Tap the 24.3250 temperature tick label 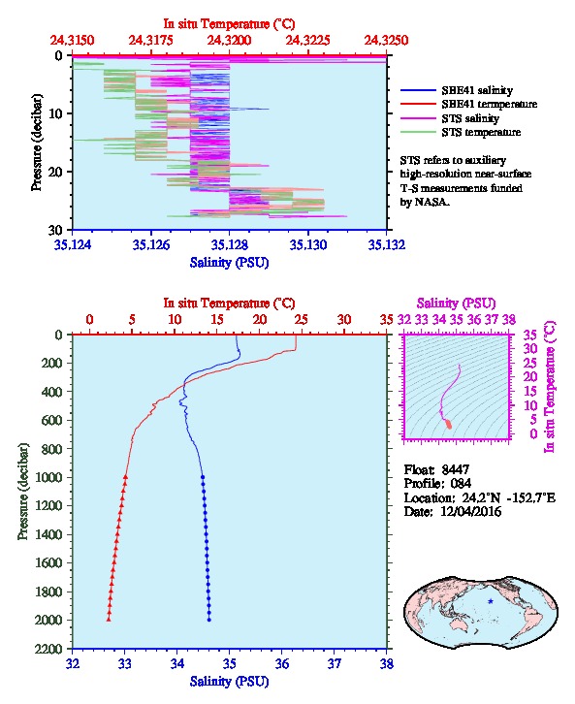pyautogui.click(x=386, y=41)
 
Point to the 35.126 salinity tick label pyautogui.click(x=151, y=244)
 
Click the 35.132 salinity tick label pyautogui.click(x=387, y=244)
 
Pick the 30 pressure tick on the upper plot pyautogui.click(x=55, y=230)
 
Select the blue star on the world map pyautogui.click(x=491, y=601)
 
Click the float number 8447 pyautogui.click(x=455, y=469)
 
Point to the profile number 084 pyautogui.click(x=461, y=484)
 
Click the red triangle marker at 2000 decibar pyautogui.click(x=109, y=619)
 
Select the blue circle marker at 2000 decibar pyautogui.click(x=209, y=620)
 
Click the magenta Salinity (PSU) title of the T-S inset pyautogui.click(x=456, y=304)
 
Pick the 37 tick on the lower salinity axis pyautogui.click(x=334, y=663)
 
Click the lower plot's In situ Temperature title pyautogui.click(x=229, y=304)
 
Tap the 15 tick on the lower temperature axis pyautogui.click(x=217, y=320)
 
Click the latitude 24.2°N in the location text pyautogui.click(x=479, y=497)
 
